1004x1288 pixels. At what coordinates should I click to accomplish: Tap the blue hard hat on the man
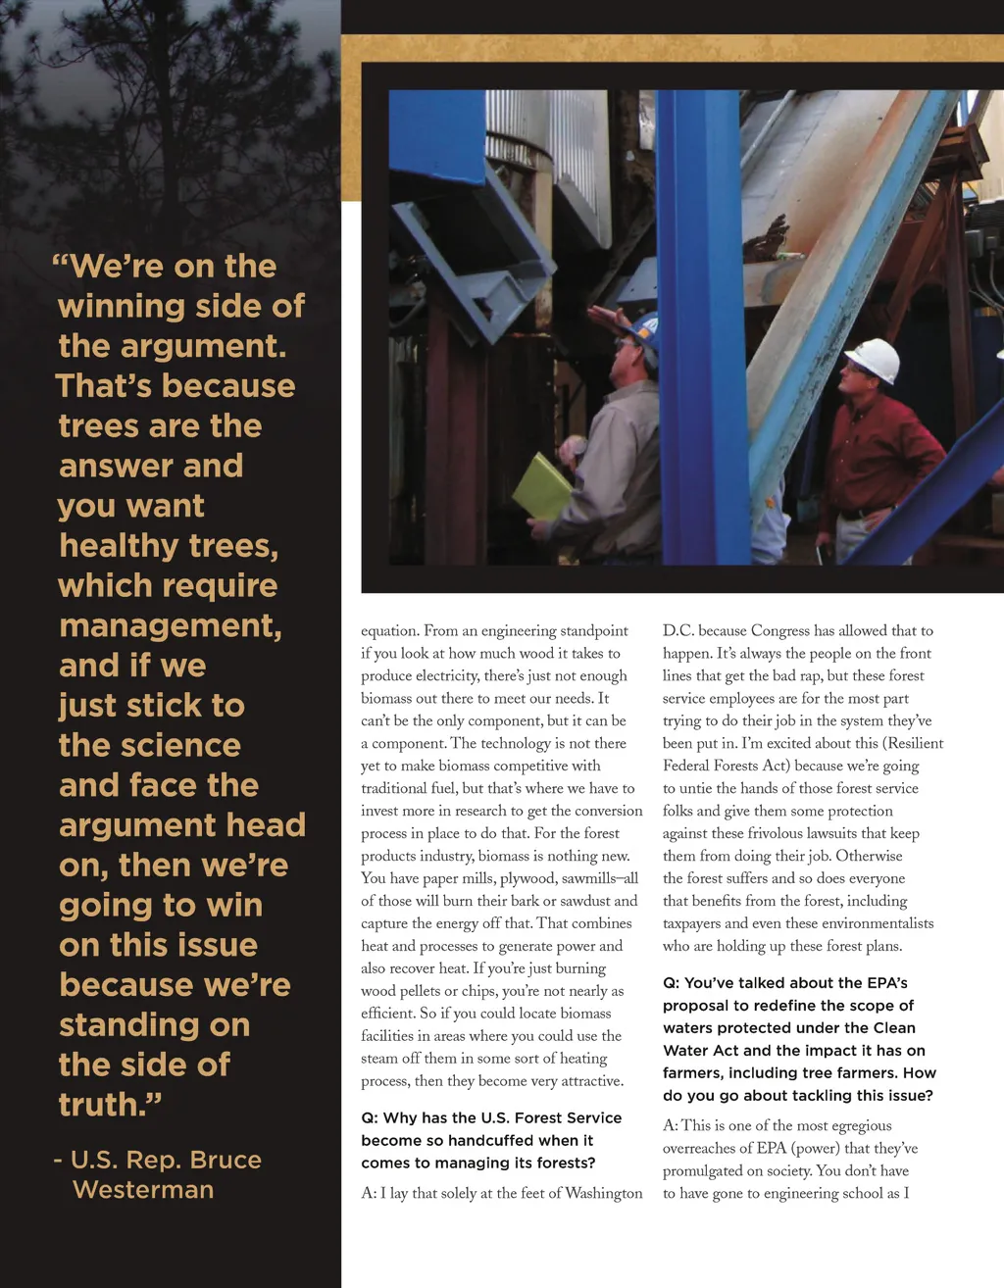tap(644, 330)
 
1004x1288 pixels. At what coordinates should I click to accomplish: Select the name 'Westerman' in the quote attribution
tap(143, 1190)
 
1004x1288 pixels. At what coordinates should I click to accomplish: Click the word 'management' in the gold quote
tap(170, 626)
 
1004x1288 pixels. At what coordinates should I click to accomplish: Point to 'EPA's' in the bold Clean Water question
tap(887, 983)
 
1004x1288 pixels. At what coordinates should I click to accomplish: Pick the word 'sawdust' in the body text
tap(581, 902)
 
